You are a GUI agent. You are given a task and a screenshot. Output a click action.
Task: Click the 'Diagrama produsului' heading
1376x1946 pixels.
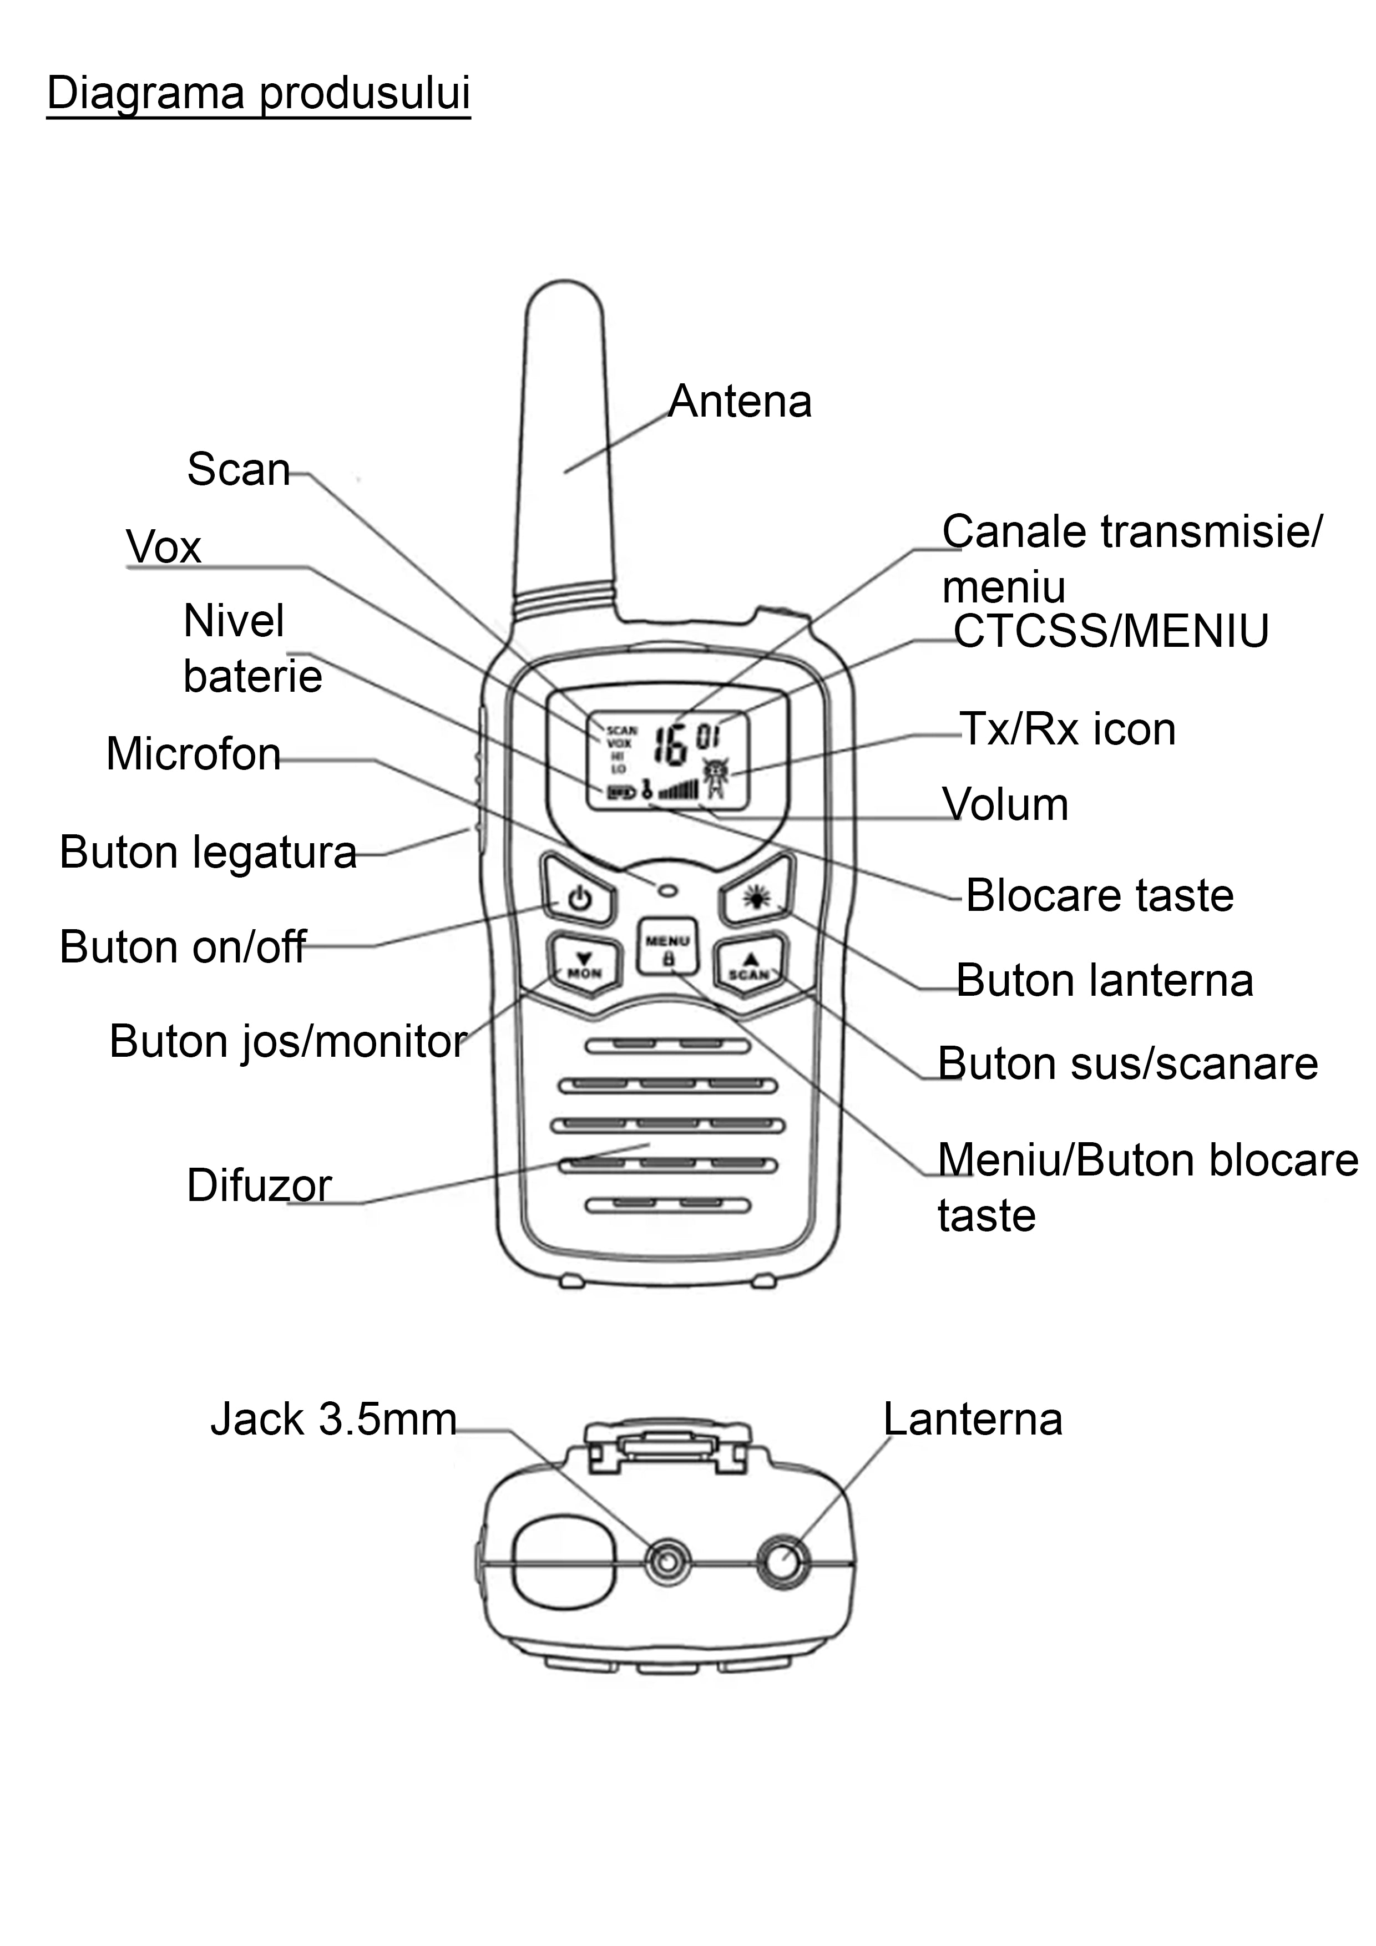tap(258, 93)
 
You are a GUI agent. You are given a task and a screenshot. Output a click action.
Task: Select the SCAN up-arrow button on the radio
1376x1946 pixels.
tap(750, 965)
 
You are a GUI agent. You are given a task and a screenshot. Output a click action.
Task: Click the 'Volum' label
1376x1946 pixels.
tap(1005, 804)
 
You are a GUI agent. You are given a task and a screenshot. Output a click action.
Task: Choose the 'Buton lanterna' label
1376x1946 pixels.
tap(1104, 981)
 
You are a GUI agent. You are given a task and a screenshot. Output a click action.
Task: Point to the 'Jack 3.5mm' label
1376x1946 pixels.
tap(333, 1419)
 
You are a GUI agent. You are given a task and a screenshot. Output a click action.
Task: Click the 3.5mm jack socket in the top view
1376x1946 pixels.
tap(668, 1561)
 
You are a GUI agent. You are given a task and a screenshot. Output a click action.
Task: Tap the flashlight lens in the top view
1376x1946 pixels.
tap(783, 1560)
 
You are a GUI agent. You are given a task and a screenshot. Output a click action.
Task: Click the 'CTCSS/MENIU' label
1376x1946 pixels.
tap(1111, 631)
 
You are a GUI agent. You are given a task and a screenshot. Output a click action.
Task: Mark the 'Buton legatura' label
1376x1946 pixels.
tap(208, 852)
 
